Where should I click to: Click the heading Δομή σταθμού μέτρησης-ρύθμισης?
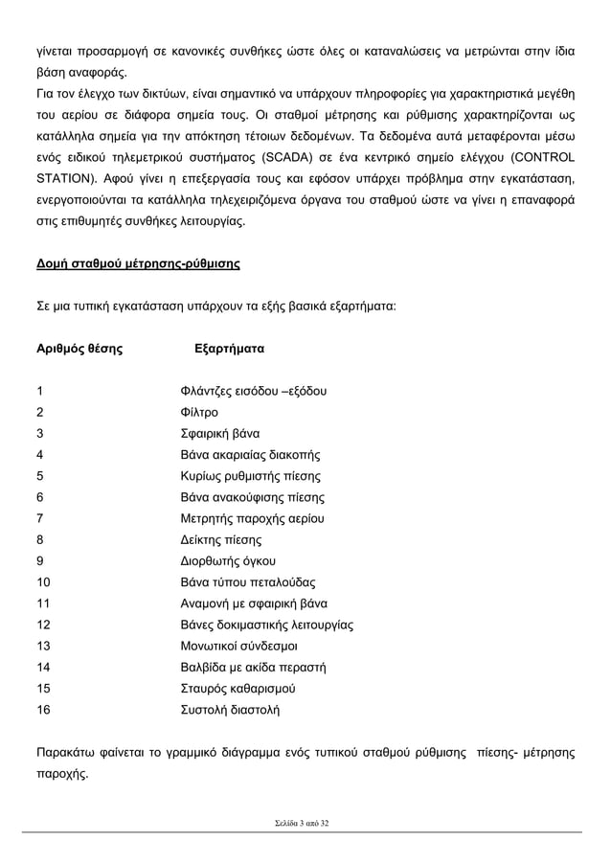(x=137, y=263)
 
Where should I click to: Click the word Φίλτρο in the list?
(x=199, y=412)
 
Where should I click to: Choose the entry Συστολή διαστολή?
(x=231, y=710)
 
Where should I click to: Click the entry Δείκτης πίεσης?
(x=221, y=539)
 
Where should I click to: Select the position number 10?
(x=43, y=582)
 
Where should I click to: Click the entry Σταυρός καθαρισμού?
(x=238, y=689)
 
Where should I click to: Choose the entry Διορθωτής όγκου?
(x=228, y=561)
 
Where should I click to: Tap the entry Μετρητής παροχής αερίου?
(x=253, y=518)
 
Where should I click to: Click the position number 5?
(x=39, y=476)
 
